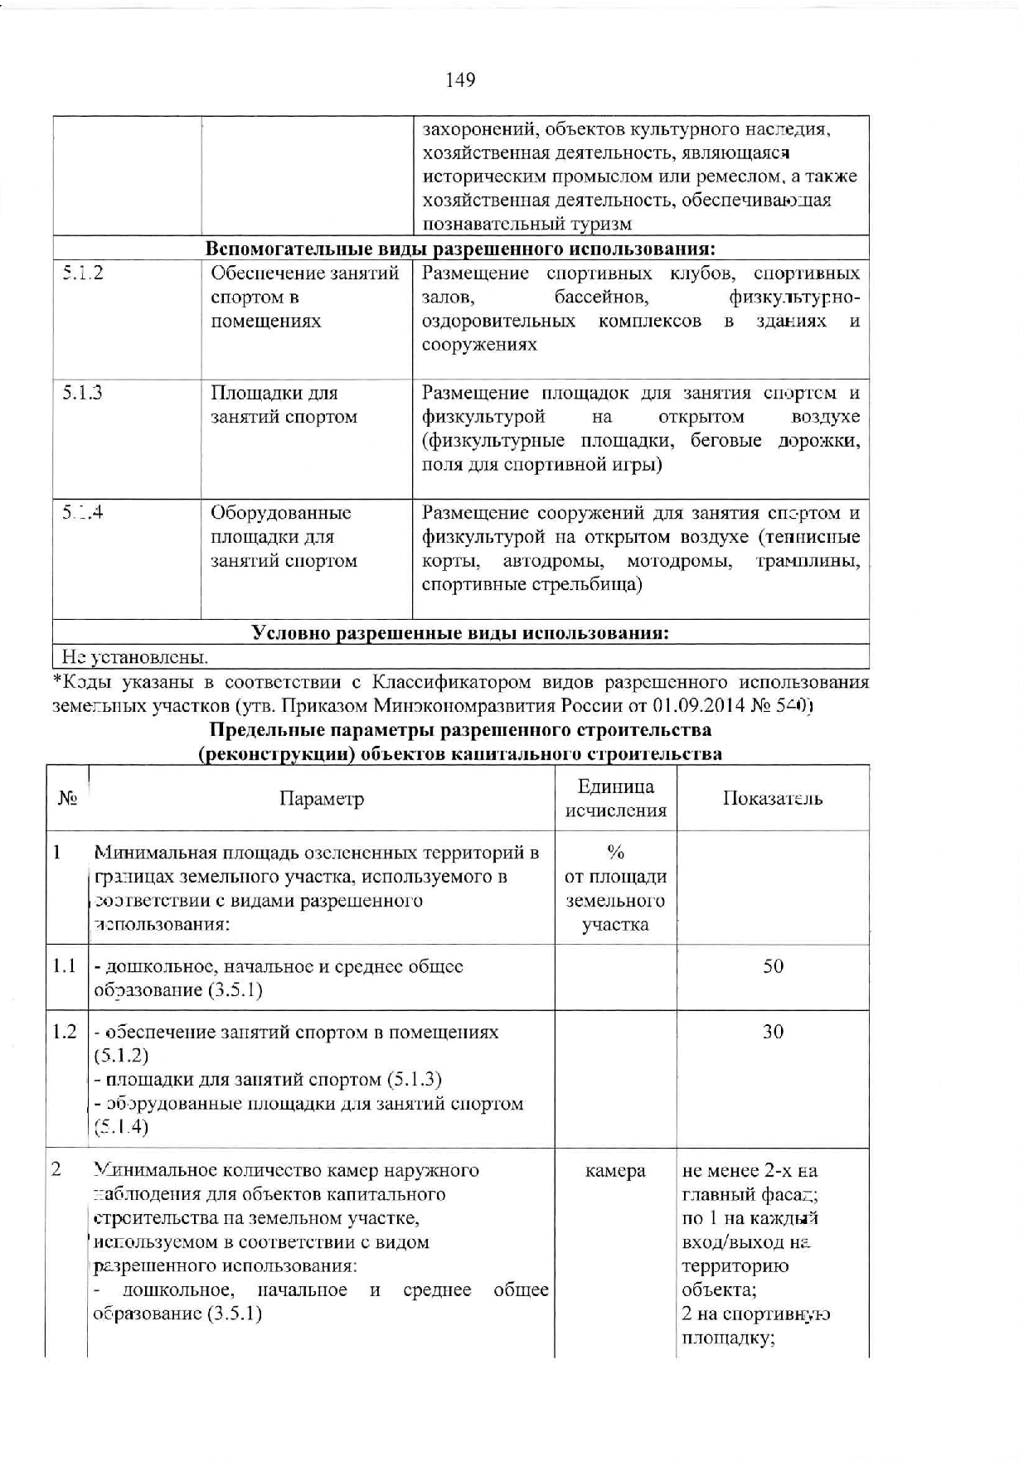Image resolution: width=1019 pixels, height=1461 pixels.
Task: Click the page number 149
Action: [461, 80]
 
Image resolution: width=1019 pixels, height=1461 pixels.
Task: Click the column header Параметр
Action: [322, 799]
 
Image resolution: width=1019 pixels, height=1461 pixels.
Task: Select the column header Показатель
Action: [773, 799]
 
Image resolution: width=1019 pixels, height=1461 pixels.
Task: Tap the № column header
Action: [67, 799]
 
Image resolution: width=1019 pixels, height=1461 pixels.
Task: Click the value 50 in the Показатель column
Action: [773, 966]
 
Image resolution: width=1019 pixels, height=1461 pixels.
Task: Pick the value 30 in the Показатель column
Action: [773, 1032]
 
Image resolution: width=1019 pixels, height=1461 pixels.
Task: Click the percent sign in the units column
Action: [615, 853]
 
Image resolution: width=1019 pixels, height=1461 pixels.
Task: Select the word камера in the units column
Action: [615, 1171]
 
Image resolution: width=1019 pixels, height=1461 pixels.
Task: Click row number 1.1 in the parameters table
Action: [65, 966]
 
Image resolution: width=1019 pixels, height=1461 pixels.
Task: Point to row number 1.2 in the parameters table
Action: [65, 1032]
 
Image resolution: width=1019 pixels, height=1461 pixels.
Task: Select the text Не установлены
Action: [135, 657]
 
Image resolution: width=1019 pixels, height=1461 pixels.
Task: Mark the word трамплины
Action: [807, 561]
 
